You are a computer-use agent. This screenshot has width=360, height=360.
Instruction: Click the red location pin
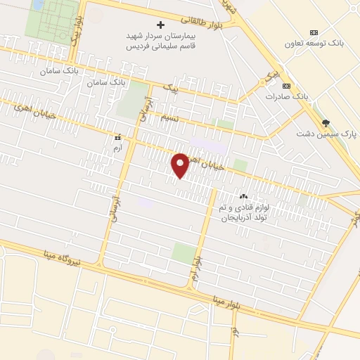pyautogui.click(x=181, y=165)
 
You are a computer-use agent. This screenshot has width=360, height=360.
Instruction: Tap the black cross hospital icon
pyautogui.click(x=160, y=25)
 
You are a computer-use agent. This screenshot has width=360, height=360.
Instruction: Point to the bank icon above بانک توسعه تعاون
pyautogui.click(x=314, y=32)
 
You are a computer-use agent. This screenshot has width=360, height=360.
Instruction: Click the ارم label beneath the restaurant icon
pyautogui.click(x=117, y=148)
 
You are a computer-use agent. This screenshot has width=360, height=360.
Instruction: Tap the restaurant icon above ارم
pyautogui.click(x=117, y=139)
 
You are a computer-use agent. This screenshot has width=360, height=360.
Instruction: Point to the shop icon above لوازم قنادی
pyautogui.click(x=243, y=197)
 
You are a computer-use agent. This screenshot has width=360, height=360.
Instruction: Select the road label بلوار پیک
pyautogui.click(x=74, y=44)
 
